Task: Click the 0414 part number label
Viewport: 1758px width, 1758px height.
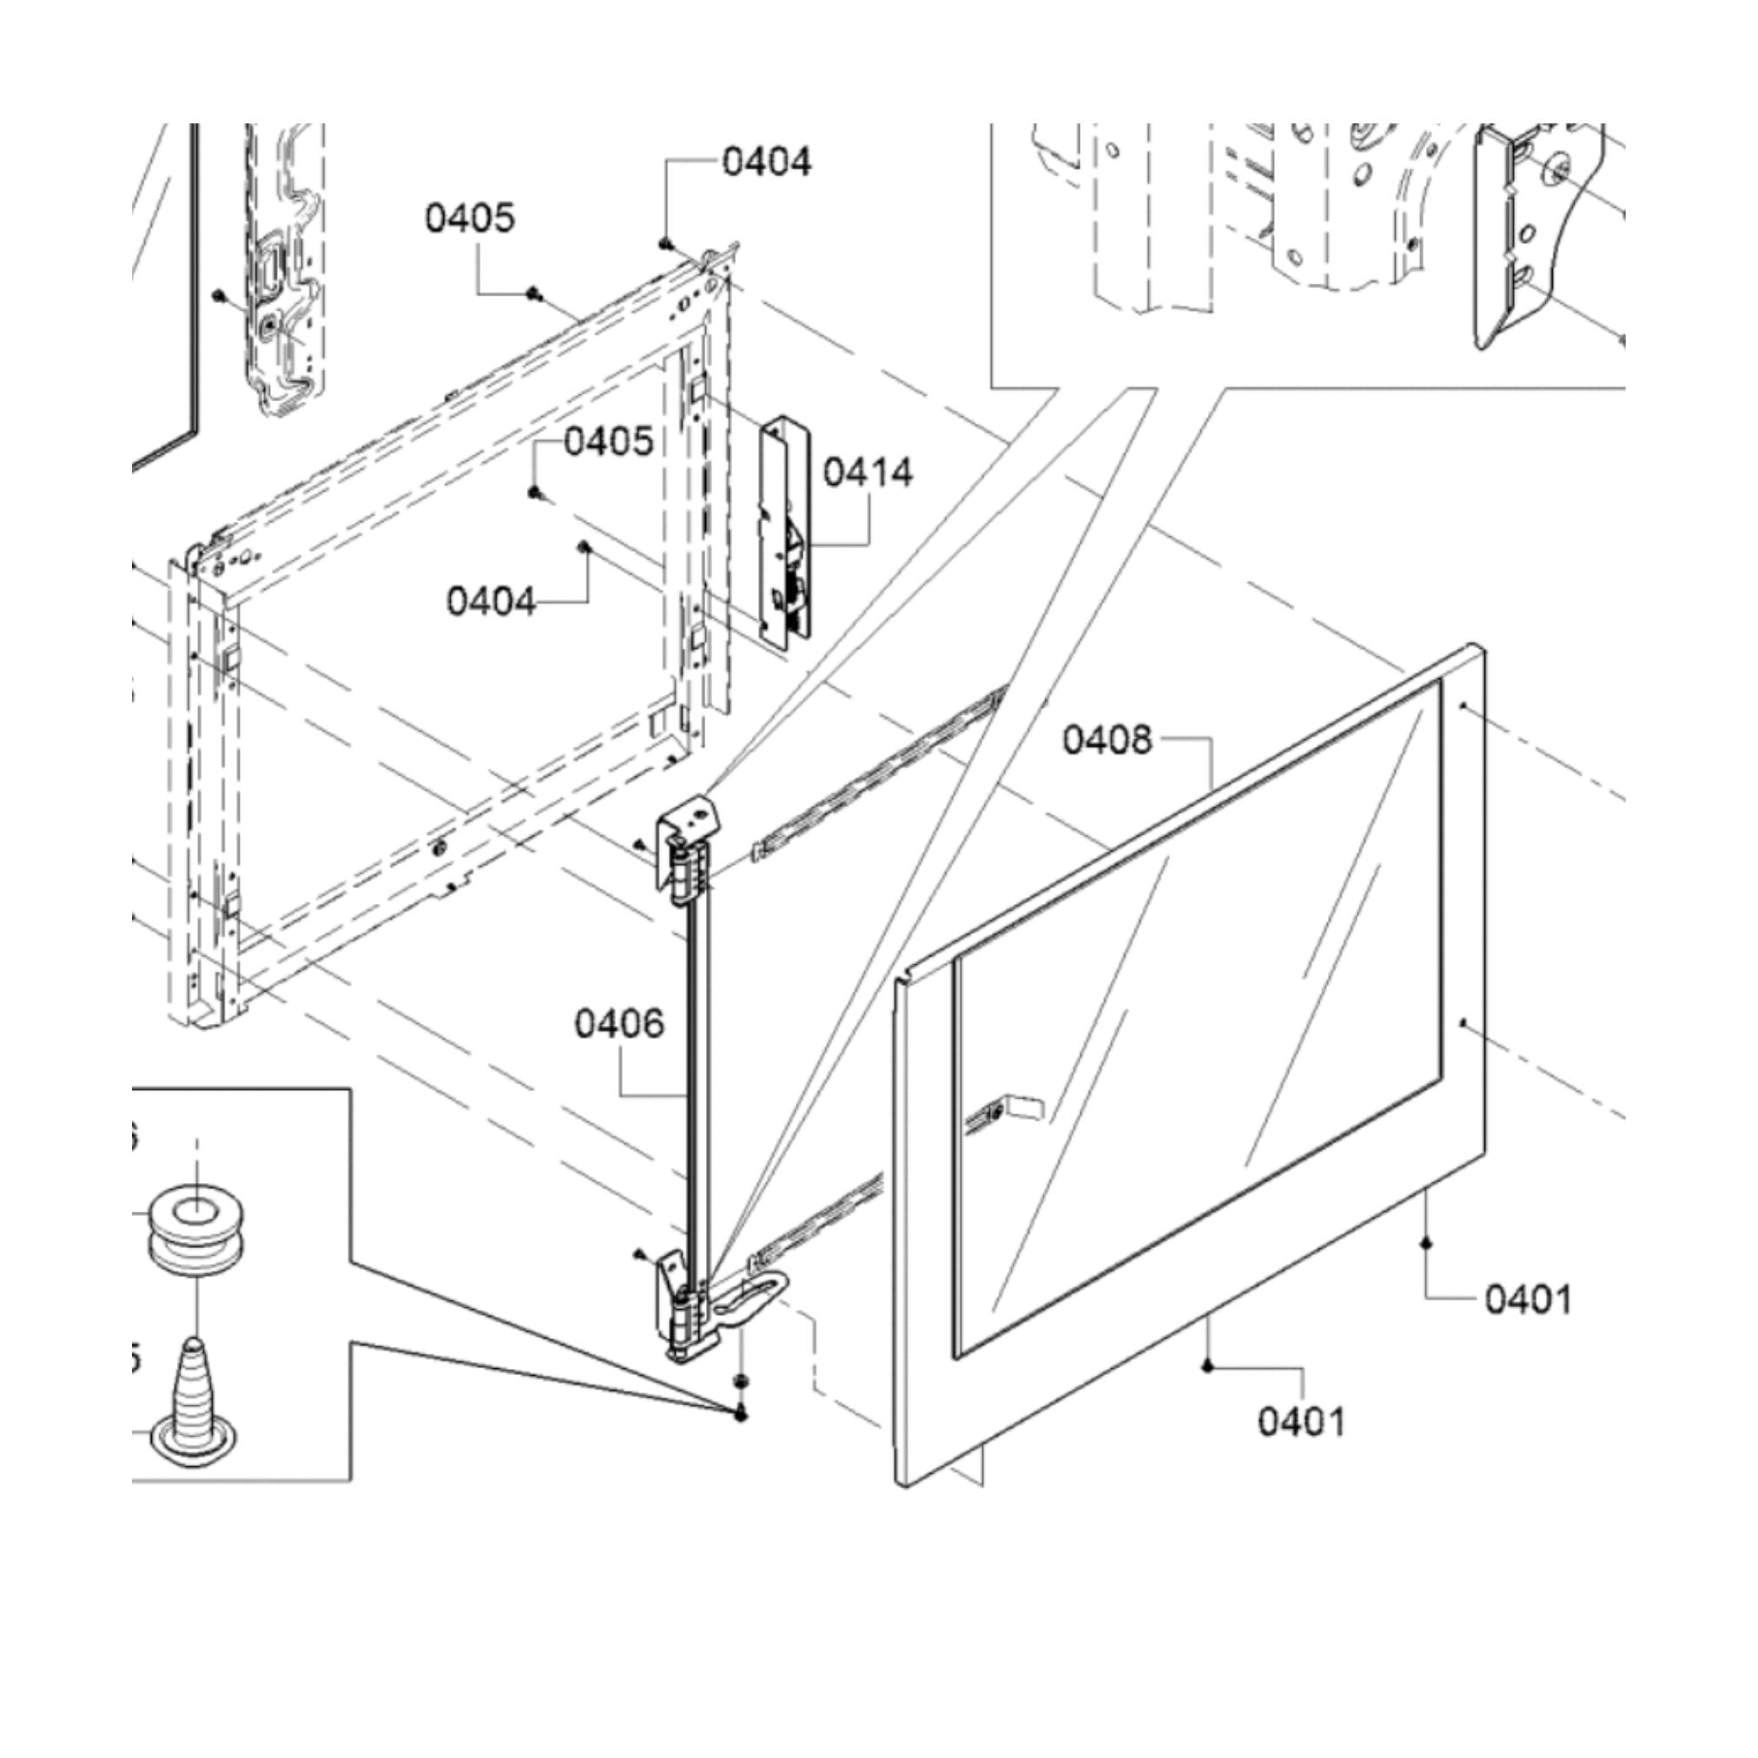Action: [867, 473]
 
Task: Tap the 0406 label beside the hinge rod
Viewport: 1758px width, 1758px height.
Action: [618, 1025]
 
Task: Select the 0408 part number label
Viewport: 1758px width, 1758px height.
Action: [1107, 740]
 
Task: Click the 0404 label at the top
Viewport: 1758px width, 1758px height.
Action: [766, 162]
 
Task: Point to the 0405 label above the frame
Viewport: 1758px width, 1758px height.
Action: [470, 218]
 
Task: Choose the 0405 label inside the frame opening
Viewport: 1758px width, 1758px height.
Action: [609, 442]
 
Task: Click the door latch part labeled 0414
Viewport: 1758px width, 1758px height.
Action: [783, 532]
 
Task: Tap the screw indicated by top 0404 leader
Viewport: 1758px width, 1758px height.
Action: [666, 243]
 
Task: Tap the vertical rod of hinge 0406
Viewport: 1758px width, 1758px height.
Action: [697, 1092]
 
